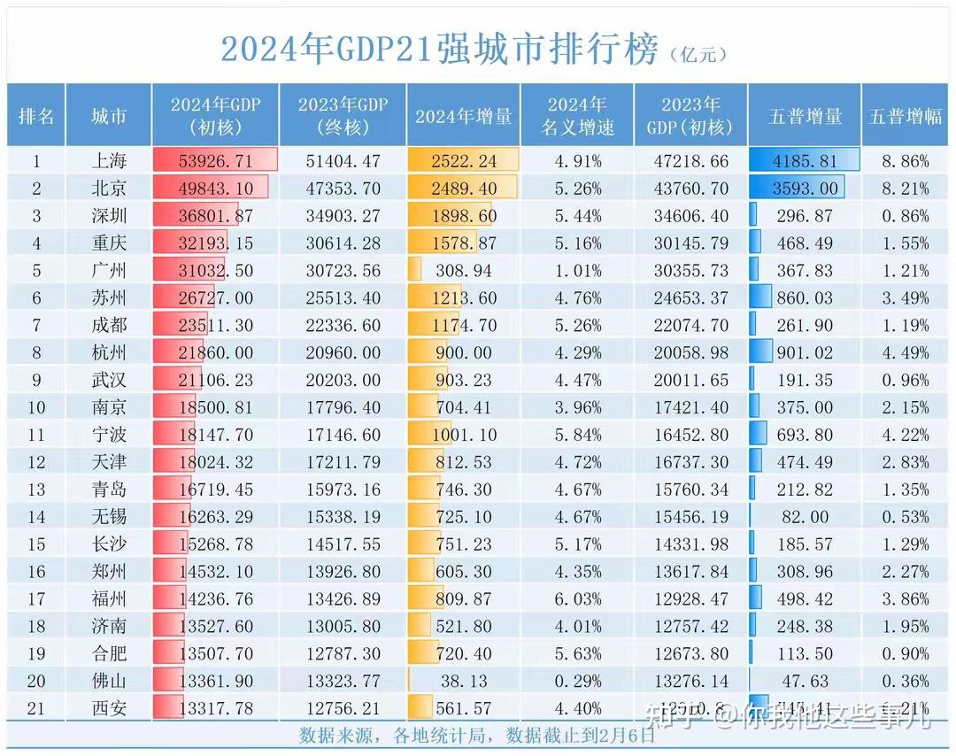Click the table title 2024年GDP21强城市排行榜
(x=440, y=50)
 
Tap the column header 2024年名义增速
(x=577, y=116)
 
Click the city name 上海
(x=109, y=161)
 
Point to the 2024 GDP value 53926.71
(x=214, y=161)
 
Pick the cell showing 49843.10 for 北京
(x=214, y=189)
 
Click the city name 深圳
(x=109, y=216)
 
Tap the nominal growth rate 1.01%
(x=577, y=271)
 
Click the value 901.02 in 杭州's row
(x=804, y=352)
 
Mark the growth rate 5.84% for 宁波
(x=577, y=435)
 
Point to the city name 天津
(x=109, y=462)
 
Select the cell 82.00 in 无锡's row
(x=804, y=517)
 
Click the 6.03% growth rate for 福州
(x=577, y=599)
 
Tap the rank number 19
(x=36, y=654)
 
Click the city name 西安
(x=109, y=709)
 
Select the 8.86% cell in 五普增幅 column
(x=905, y=161)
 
